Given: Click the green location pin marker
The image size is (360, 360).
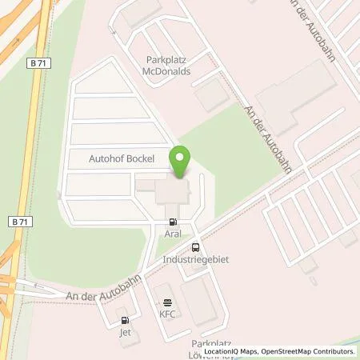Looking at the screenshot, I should point(181,162).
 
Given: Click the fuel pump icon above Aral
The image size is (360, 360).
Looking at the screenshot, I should point(173,222).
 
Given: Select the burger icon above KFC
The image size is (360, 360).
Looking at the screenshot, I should point(166,302).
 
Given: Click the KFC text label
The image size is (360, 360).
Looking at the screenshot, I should point(166,314).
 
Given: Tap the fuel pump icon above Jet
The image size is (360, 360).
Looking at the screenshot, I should point(124,320).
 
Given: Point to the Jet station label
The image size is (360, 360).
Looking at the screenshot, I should point(124,331).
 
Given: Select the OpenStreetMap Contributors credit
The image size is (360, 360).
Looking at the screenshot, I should point(310,352).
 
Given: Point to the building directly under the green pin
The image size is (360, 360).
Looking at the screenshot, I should point(172,193).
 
